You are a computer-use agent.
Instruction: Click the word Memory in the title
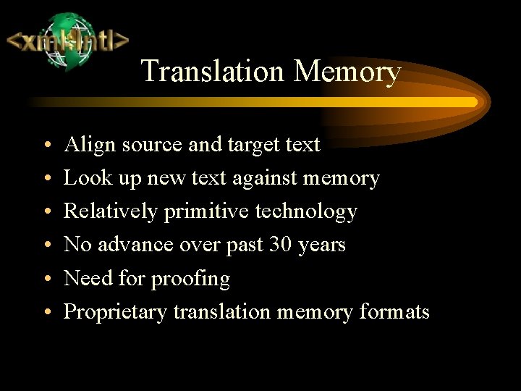coord(347,72)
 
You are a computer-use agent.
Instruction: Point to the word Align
coord(90,145)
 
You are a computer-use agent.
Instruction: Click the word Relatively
coord(111,211)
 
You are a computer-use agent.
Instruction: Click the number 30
coord(280,245)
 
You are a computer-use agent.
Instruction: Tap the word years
coord(321,245)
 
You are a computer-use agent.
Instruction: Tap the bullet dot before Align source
coord(46,146)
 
